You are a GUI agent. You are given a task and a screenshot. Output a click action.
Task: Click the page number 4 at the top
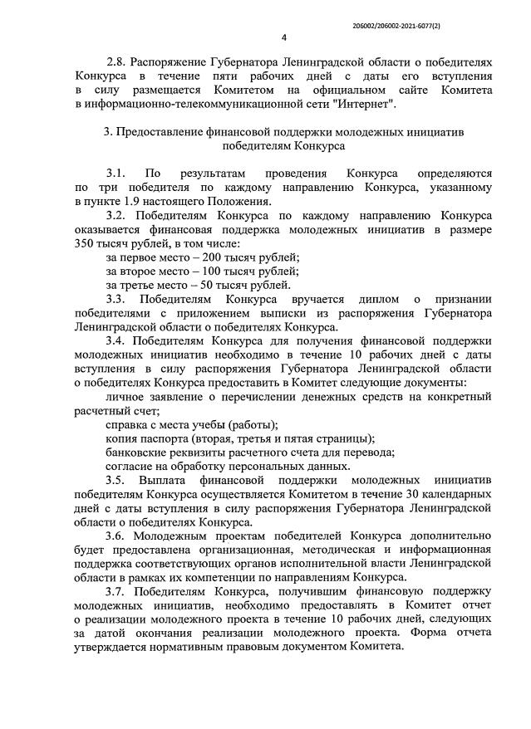coord(284,37)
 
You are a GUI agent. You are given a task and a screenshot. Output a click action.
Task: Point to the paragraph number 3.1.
coord(115,174)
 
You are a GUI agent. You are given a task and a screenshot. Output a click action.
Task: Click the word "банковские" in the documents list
coord(135,452)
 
